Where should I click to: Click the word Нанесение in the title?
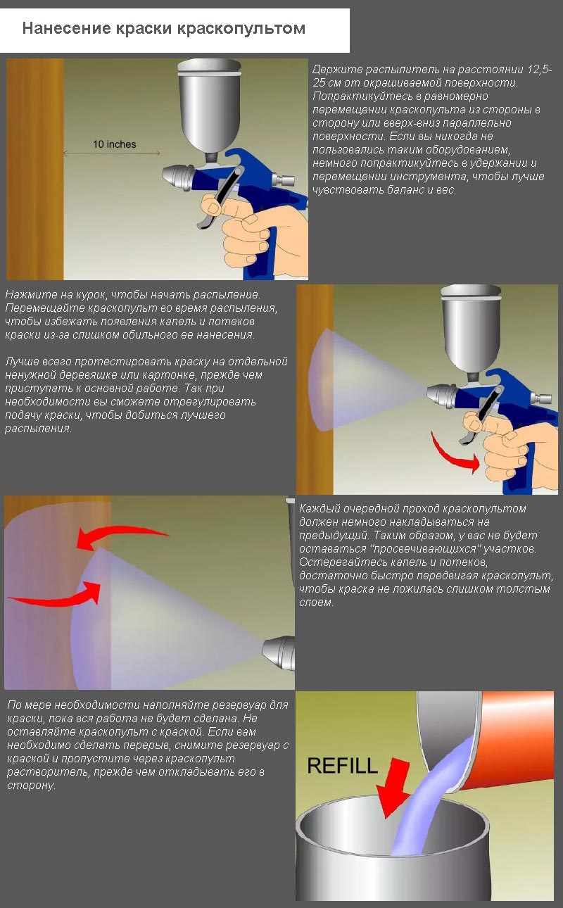(66, 28)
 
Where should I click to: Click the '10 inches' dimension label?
(114, 144)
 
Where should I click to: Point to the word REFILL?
(343, 766)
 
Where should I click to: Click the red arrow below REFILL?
(393, 788)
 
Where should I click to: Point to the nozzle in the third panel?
(279, 652)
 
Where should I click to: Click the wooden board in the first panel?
(35, 169)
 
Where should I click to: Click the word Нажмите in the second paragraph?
(28, 295)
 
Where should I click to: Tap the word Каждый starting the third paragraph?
(320, 509)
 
